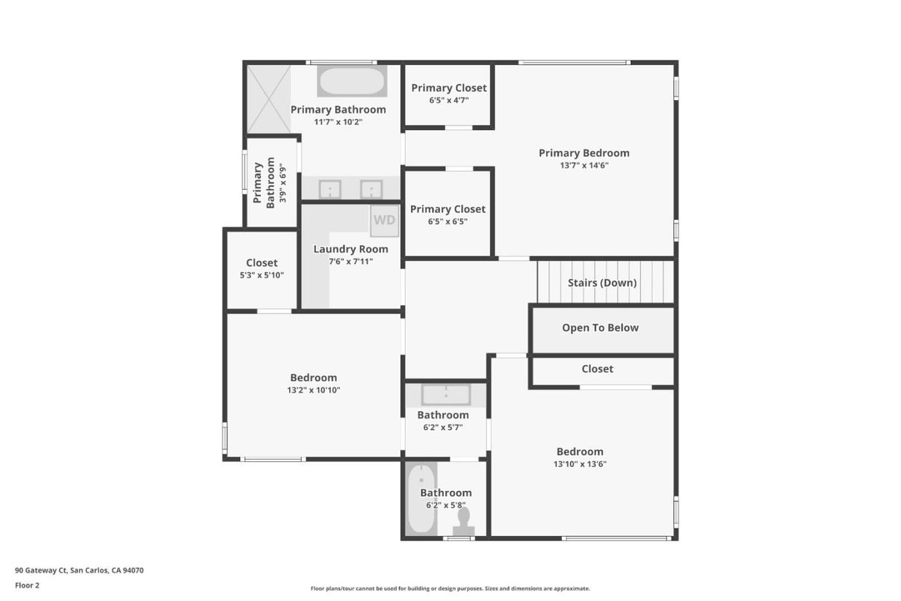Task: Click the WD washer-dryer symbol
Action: pos(385,221)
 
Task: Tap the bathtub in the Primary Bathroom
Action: pos(352,81)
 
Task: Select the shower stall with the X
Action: pos(269,99)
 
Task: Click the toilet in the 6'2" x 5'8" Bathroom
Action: pos(464,521)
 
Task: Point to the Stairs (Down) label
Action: pos(602,283)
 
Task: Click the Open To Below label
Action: pos(600,327)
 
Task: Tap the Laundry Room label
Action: pos(350,249)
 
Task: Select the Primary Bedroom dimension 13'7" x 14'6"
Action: pos(584,165)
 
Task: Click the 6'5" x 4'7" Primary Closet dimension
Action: pos(449,100)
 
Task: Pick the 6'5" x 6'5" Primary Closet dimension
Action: pos(448,221)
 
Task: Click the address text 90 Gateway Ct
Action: pos(40,570)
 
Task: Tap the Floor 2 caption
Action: pos(28,585)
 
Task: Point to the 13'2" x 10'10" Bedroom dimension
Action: pos(314,390)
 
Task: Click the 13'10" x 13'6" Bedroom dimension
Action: pos(580,463)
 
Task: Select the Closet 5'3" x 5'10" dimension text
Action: pos(261,275)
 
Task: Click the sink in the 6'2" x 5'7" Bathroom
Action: pos(446,395)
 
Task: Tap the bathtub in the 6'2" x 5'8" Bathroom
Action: pos(421,499)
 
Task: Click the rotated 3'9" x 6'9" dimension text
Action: pos(282,183)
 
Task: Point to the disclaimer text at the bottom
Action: pos(450,588)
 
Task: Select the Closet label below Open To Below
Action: pos(598,369)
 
